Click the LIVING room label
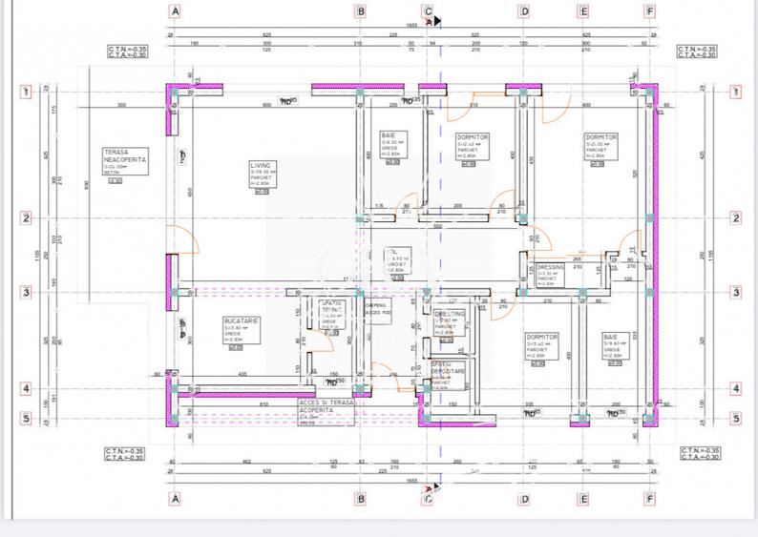coord(261,165)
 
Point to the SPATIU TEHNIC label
coord(331,309)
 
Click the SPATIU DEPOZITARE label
coord(446,368)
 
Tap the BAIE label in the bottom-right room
coord(610,337)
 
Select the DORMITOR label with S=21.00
coord(601,137)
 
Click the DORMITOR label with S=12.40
coord(473,137)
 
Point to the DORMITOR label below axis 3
coord(541,337)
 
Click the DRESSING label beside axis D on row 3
coord(550,268)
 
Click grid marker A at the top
coord(175,12)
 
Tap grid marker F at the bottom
coord(650,498)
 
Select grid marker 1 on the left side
coord(27,93)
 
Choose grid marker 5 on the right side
coord(736,418)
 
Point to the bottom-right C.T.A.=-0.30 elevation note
coord(697,457)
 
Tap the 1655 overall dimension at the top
coord(413,26)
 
